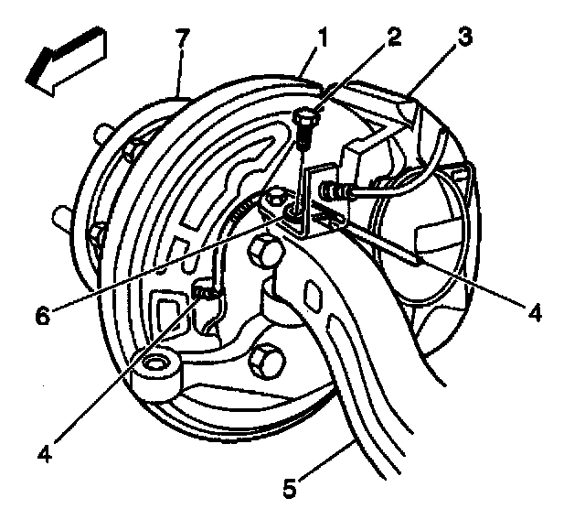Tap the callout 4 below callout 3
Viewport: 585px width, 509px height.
(x=536, y=312)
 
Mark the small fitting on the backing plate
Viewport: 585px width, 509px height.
(x=207, y=291)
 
